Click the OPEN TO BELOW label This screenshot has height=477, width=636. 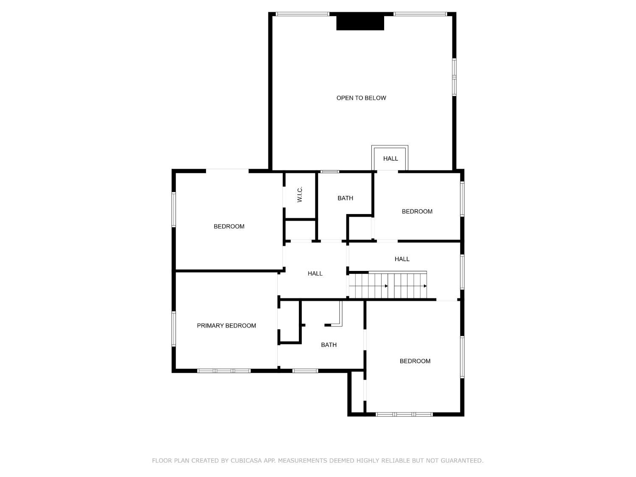click(361, 98)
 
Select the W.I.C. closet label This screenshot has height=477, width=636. click(300, 194)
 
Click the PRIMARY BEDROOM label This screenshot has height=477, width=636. click(226, 326)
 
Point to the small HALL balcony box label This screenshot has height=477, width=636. click(391, 159)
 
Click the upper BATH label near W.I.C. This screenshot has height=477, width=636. click(345, 198)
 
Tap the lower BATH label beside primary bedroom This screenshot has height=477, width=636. click(329, 345)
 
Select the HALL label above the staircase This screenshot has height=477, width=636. click(402, 259)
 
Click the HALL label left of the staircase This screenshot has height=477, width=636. click(315, 273)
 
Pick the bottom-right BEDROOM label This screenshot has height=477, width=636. click(415, 361)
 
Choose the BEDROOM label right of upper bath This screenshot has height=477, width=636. click(417, 212)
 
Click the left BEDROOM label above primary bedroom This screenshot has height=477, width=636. click(229, 226)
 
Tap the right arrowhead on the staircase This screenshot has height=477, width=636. click(425, 286)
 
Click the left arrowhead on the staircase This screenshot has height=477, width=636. click(386, 286)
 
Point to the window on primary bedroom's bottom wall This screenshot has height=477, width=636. click(224, 371)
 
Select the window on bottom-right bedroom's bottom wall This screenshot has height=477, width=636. click(404, 414)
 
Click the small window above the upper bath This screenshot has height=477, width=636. click(329, 172)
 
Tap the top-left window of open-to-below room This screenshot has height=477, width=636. click(302, 14)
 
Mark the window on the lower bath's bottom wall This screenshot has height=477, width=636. click(305, 371)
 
